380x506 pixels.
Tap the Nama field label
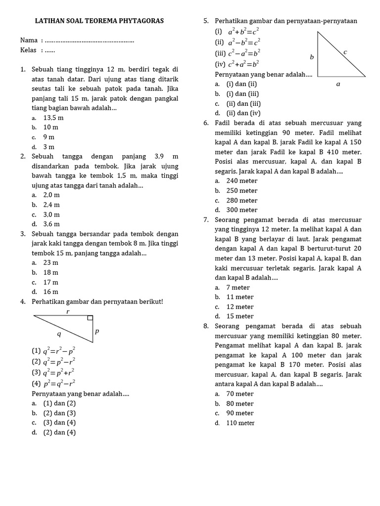(x=28, y=40)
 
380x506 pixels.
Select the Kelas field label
(x=29, y=50)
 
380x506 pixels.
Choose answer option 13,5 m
(x=53, y=118)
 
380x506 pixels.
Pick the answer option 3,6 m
(x=51, y=224)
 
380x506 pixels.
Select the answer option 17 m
(x=50, y=283)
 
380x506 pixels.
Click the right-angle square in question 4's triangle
(x=90, y=318)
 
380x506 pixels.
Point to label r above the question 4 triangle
(x=68, y=311)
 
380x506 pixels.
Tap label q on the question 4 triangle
(x=59, y=334)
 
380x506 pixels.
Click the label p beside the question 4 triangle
(x=97, y=331)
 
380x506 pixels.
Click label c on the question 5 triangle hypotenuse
(x=345, y=51)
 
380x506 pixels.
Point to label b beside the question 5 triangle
(x=312, y=57)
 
